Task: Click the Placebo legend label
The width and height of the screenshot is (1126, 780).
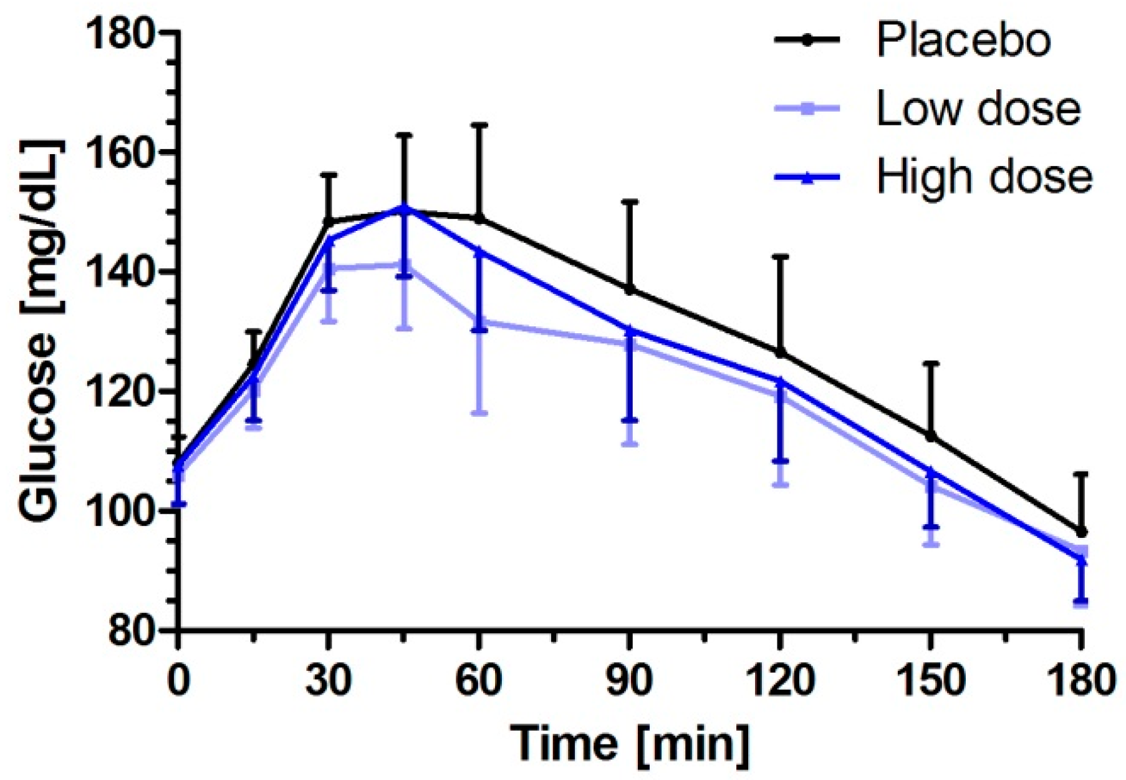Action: (x=963, y=41)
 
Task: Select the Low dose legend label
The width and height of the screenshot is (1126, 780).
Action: (x=978, y=109)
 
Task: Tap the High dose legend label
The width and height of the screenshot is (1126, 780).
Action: (x=984, y=177)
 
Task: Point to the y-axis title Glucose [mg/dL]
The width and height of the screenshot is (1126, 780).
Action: (x=39, y=331)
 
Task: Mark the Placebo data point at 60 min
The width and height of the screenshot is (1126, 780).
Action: (x=479, y=218)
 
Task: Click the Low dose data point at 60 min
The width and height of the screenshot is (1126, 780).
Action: (x=479, y=322)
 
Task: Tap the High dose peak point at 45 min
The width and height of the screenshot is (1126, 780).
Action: (x=404, y=208)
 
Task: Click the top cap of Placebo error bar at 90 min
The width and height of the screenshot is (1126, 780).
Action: (x=630, y=202)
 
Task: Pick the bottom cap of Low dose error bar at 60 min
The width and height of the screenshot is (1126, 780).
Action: (x=479, y=413)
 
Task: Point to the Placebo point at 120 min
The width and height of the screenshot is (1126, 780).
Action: (x=780, y=353)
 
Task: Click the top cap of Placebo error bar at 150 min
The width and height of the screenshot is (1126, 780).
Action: (x=930, y=363)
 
